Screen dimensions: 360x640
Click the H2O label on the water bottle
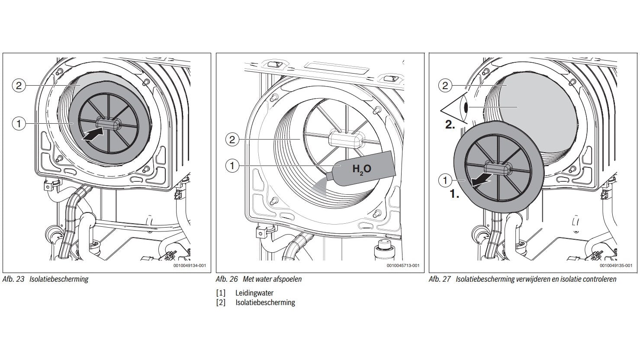pyautogui.click(x=361, y=169)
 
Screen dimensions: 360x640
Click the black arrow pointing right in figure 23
pyautogui.click(x=93, y=135)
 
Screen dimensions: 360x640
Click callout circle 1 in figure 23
pyautogui.click(x=19, y=124)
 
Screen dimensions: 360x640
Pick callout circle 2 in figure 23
pyautogui.click(x=19, y=85)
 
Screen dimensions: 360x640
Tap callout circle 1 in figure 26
pyautogui.click(x=232, y=165)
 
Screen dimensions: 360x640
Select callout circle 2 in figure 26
pyautogui.click(x=232, y=139)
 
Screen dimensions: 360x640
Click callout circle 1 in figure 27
pyautogui.click(x=445, y=180)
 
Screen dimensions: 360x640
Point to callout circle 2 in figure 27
pyautogui.click(x=445, y=85)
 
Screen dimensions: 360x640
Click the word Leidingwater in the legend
pyautogui.click(x=254, y=293)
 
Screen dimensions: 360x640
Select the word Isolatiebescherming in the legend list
pyautogui.click(x=265, y=302)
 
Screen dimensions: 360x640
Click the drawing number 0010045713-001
pyautogui.click(x=402, y=266)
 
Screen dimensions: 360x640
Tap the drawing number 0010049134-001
pyautogui.click(x=190, y=266)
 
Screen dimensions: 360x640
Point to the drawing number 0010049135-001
pyautogui.click(x=616, y=266)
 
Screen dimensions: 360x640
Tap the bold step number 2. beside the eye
pyautogui.click(x=450, y=125)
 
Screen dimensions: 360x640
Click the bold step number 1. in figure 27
pyautogui.click(x=454, y=194)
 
